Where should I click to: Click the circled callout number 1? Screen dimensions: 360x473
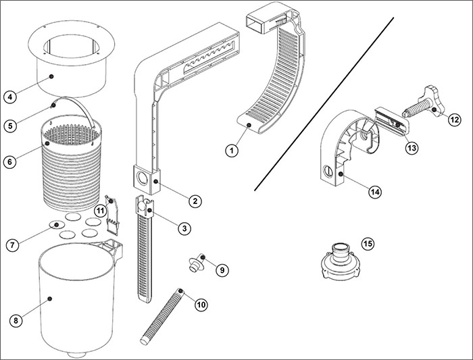231,151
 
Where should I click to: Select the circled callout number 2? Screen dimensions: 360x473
194,201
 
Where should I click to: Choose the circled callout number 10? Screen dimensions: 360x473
201,305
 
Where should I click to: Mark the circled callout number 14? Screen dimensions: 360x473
375,192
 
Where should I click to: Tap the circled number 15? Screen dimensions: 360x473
368,242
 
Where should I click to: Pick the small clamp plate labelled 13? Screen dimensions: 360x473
391,119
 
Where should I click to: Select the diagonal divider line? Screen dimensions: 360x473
324,101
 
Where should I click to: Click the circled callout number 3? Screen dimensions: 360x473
183,229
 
